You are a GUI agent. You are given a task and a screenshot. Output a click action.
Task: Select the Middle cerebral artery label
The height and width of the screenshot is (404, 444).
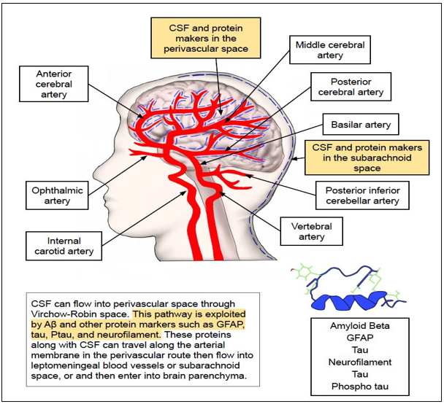pyautogui.click(x=329, y=50)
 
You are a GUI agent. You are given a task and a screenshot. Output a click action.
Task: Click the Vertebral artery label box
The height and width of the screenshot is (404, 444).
pyautogui.click(x=312, y=231)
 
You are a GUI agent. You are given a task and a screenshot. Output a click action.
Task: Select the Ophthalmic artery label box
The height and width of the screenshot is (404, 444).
pyautogui.click(x=58, y=196)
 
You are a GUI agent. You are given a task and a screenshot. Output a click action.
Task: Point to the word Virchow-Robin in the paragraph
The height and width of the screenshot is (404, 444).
pyautogui.click(x=61, y=314)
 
